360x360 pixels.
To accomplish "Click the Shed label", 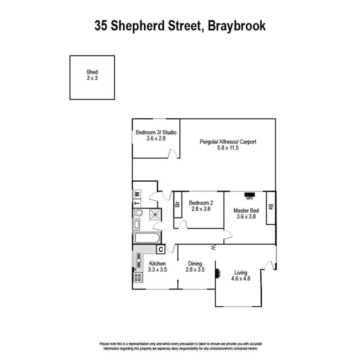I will [x=92, y=72].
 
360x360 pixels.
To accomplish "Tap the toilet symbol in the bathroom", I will [x=138, y=212].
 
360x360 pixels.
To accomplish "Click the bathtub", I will [x=146, y=238].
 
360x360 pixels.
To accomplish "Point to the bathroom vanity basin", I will [x=136, y=224].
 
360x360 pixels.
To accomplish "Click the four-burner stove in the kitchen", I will [x=138, y=277].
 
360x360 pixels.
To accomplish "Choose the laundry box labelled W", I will [x=137, y=194].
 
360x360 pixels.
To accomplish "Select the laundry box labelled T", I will [x=137, y=203].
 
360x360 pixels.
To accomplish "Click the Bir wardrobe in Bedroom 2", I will [x=178, y=204].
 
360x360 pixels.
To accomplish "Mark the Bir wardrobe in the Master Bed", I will [x=271, y=207].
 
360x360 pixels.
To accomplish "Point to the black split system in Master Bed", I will [x=249, y=195].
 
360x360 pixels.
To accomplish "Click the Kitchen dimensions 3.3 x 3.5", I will [x=157, y=270].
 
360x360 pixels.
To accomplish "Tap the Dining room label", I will [x=195, y=264].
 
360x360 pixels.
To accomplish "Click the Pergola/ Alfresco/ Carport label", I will [x=228, y=142].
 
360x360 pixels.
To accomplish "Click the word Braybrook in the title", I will [x=236, y=26].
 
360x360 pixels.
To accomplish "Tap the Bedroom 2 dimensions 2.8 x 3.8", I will [x=200, y=209].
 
